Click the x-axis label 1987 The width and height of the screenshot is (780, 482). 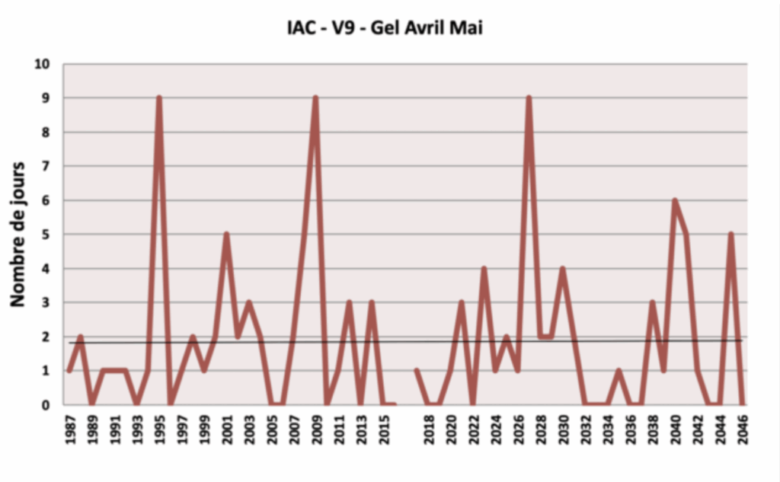pos(69,430)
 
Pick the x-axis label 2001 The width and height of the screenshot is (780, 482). pos(226,430)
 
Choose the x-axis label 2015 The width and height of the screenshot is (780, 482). pos(383,430)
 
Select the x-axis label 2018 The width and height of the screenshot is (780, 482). pos(428,430)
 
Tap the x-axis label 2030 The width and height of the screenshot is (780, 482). pos(563,430)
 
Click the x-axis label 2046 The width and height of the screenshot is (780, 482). pos(742,430)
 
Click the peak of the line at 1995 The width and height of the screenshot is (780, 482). pos(158,98)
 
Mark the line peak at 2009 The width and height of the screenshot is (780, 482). pos(315,98)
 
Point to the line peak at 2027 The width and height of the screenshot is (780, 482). pos(529,98)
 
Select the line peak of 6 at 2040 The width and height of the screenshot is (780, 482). pos(675,200)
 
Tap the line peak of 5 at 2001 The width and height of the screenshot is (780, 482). pos(226,235)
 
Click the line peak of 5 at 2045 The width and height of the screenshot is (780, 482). pos(730,235)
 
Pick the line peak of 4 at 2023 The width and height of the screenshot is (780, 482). pos(484,269)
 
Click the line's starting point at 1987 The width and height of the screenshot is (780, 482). pos(69,371)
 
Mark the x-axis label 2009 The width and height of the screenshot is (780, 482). pos(316,430)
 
